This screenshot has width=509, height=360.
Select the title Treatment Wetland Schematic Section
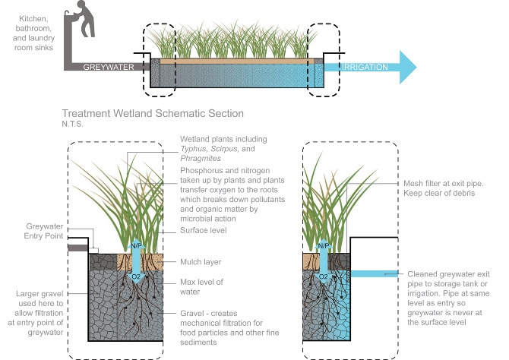pos(153,113)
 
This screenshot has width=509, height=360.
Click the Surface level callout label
pos(203,229)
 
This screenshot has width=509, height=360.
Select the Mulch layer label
pos(201,261)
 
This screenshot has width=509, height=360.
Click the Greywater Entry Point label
pos(36,230)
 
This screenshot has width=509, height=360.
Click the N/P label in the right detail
pos(323,246)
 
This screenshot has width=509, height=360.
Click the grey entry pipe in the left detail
pos(78,247)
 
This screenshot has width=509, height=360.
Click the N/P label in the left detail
pos(138,246)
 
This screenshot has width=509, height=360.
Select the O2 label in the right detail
pos(323,276)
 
